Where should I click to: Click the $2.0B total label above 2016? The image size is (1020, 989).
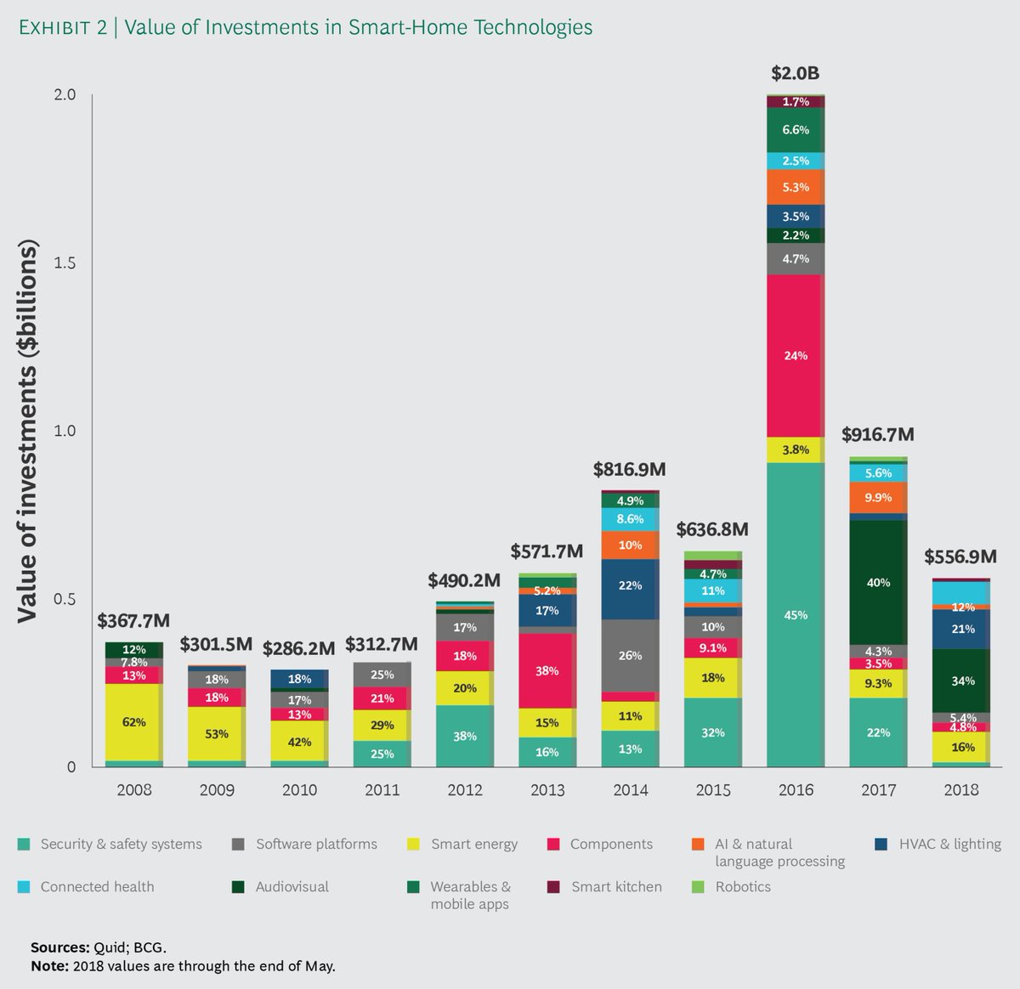(x=795, y=74)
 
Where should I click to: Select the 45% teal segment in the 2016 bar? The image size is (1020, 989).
(x=795, y=615)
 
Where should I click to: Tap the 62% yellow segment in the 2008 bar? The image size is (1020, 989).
(x=133, y=722)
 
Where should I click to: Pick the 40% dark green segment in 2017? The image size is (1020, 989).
(x=878, y=583)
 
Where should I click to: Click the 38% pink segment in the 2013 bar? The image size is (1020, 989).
(x=547, y=670)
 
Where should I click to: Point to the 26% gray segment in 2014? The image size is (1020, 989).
(x=630, y=655)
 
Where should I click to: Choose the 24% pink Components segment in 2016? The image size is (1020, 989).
(x=795, y=356)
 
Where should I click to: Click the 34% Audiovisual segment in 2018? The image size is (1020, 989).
(x=963, y=681)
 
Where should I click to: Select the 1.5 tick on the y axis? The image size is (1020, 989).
(x=65, y=263)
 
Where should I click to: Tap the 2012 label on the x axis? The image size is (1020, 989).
(x=464, y=790)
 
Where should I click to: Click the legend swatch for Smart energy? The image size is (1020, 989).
(x=413, y=845)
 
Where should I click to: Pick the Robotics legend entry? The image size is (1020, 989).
(x=743, y=887)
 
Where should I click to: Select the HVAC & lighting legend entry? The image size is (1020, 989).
(x=949, y=845)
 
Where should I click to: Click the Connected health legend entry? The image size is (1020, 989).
(x=97, y=887)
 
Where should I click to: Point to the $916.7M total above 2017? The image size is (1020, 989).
(x=878, y=435)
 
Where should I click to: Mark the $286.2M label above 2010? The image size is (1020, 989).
(x=298, y=649)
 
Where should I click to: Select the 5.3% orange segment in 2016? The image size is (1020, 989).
(x=795, y=187)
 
